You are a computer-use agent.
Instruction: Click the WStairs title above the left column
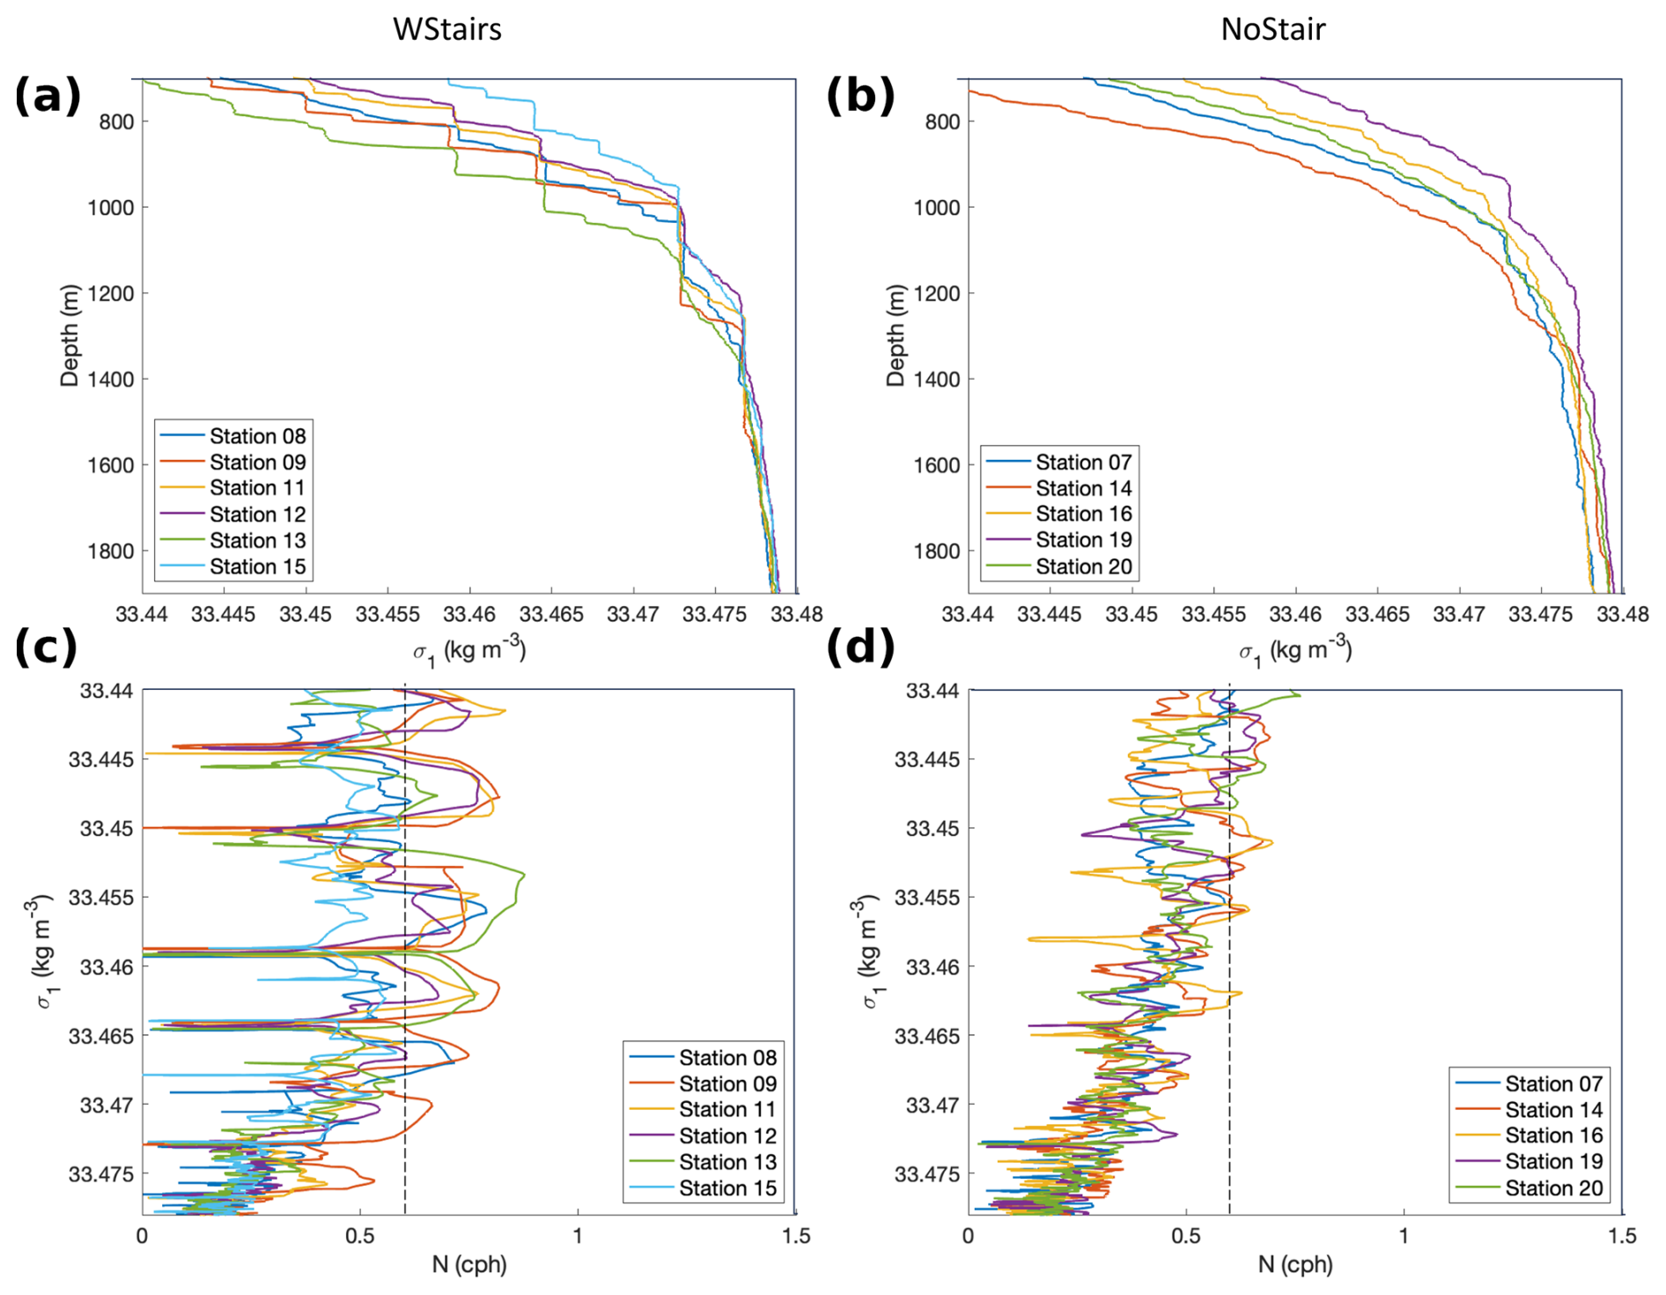(x=446, y=29)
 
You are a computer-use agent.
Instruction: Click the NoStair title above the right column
(x=1272, y=29)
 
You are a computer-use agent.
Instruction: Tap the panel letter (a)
(x=48, y=95)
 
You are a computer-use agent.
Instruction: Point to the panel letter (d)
(x=860, y=647)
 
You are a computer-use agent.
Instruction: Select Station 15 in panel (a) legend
(x=257, y=566)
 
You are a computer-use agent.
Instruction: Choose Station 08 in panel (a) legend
(x=257, y=436)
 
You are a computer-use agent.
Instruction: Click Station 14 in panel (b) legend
(x=1083, y=488)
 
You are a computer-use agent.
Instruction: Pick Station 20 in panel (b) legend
(x=1083, y=566)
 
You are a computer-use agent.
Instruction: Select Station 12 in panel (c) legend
(x=727, y=1136)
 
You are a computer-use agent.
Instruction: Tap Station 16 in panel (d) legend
(x=1553, y=1136)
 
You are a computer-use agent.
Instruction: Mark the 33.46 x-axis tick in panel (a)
(x=468, y=614)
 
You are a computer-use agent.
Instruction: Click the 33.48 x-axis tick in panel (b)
(x=1623, y=614)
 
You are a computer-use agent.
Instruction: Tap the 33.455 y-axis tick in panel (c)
(x=101, y=898)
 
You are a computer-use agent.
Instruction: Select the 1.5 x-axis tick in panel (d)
(x=1622, y=1236)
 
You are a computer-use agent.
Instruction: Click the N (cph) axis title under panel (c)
(x=468, y=1265)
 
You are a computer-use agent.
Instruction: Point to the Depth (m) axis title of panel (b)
(x=896, y=335)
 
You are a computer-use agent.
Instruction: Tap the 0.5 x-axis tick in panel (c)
(x=359, y=1236)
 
